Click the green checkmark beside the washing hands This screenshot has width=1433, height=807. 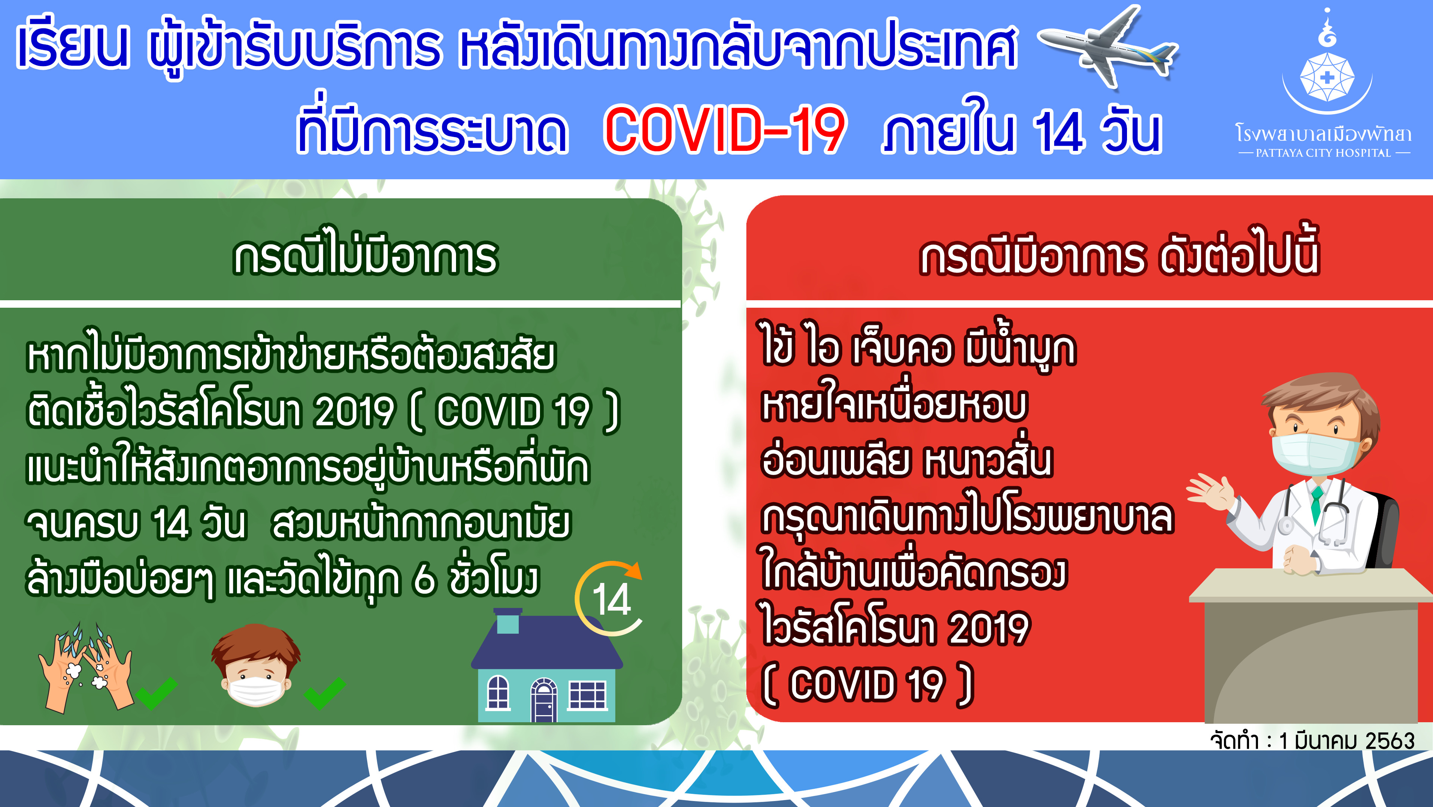pyautogui.click(x=156, y=692)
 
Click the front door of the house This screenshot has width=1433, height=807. pyautogui.click(x=543, y=701)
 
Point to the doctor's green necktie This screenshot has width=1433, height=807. pyautogui.click(x=1316, y=504)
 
